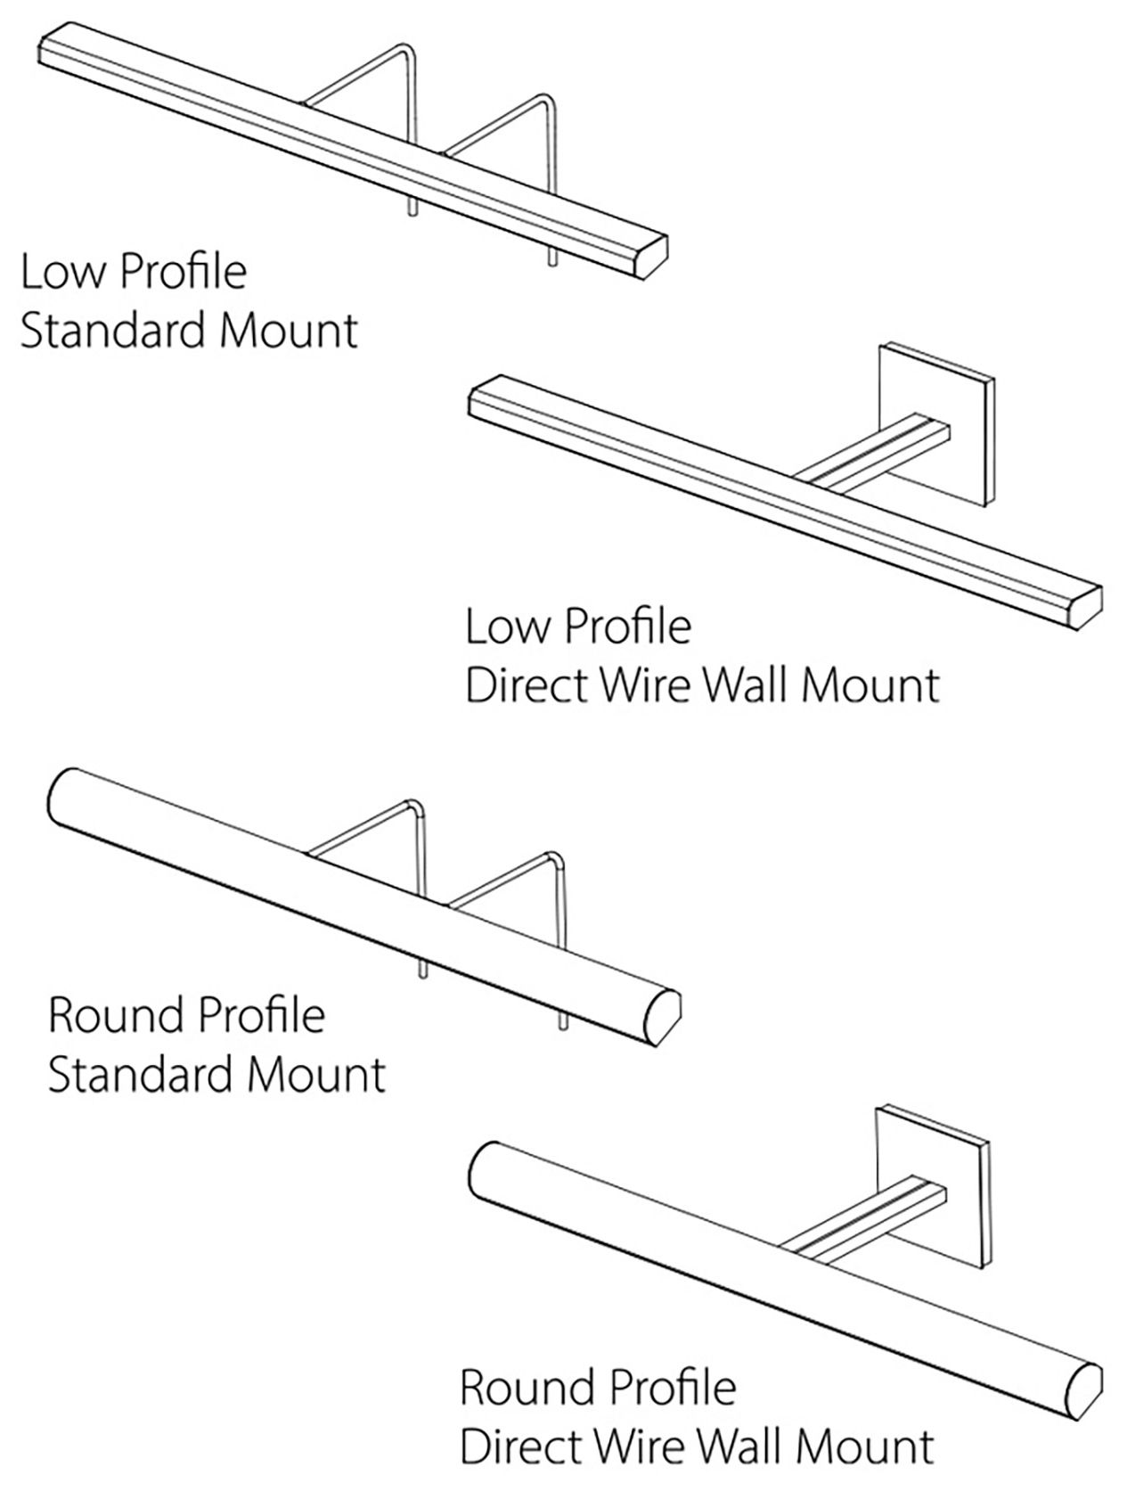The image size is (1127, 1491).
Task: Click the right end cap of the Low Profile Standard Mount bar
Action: (x=650, y=257)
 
